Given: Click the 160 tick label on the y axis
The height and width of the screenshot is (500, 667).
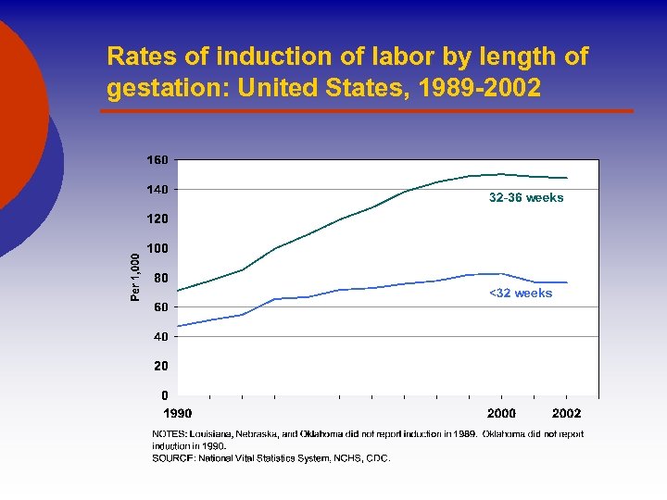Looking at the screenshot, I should [x=157, y=160].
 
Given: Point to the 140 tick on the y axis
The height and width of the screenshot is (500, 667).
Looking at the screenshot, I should [x=157, y=190].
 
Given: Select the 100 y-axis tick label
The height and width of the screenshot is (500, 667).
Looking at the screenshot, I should [x=157, y=249].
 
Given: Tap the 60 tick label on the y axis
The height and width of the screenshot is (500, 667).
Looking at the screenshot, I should [x=160, y=307].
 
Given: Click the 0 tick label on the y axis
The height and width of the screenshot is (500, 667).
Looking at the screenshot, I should [x=164, y=395].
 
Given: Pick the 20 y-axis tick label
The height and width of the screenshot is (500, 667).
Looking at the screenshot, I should [x=160, y=367].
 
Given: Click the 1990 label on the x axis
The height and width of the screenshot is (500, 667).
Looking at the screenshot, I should [x=178, y=413].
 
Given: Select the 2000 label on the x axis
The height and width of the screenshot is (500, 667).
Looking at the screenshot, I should [x=501, y=413].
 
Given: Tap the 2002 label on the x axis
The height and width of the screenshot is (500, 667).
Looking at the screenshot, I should [x=566, y=413].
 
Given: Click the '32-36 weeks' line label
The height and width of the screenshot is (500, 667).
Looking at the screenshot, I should [x=525, y=198].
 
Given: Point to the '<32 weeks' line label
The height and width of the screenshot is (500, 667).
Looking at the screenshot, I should [x=520, y=294].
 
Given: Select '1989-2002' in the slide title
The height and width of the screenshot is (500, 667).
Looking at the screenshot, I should [x=482, y=90].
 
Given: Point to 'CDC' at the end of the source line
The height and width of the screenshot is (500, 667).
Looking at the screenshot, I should [x=378, y=457].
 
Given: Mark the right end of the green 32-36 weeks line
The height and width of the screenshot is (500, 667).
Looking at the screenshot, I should [x=567, y=178].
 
